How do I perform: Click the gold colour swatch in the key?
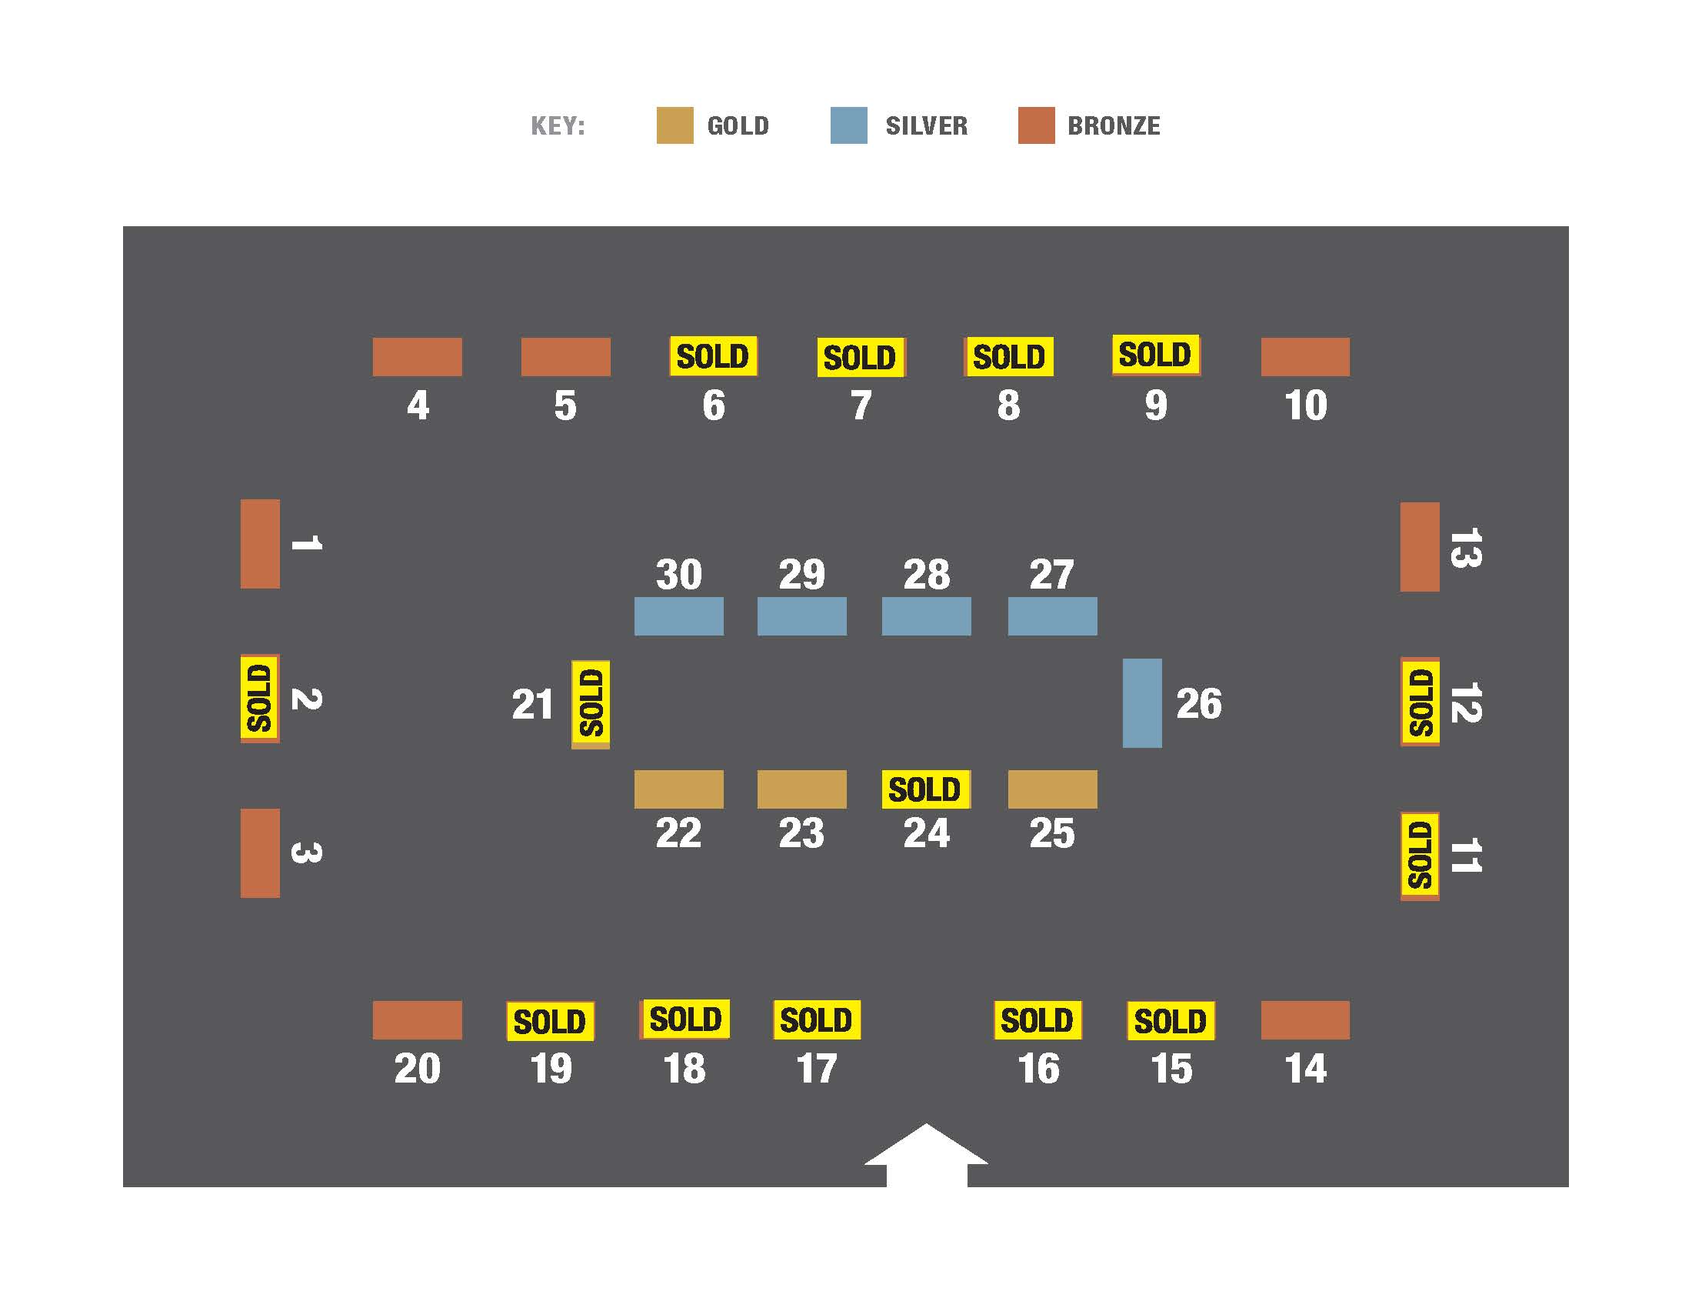click(x=674, y=125)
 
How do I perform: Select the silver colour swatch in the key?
click(x=848, y=125)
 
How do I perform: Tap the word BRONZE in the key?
click(x=1114, y=125)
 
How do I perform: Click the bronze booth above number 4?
click(x=417, y=356)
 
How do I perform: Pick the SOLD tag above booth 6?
click(x=713, y=356)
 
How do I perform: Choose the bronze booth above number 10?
click(x=1304, y=356)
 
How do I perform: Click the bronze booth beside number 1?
click(x=259, y=543)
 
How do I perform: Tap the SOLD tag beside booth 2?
click(x=259, y=697)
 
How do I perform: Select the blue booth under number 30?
click(x=678, y=616)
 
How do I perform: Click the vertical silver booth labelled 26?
click(x=1142, y=702)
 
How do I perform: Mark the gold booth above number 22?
click(x=678, y=789)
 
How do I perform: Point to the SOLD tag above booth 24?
click(x=925, y=789)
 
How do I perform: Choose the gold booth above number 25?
click(x=1052, y=789)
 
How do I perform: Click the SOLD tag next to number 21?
click(x=591, y=702)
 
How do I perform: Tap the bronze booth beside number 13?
click(x=1419, y=546)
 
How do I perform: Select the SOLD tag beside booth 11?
click(x=1419, y=856)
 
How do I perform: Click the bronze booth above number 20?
click(x=417, y=1019)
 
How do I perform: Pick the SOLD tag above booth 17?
click(x=816, y=1019)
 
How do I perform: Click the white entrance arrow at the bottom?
click(x=926, y=1155)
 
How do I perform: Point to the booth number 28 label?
click(x=926, y=574)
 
